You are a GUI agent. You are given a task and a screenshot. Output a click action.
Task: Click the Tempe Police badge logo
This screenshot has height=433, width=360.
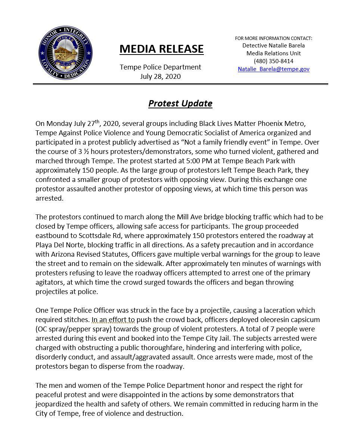tap(65, 53)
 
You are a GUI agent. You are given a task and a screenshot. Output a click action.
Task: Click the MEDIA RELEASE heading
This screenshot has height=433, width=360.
tap(161, 49)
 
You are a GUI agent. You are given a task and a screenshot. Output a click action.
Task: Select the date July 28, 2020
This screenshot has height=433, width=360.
tap(160, 77)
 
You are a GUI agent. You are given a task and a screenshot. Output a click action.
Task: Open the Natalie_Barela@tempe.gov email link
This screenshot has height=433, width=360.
tap(273, 69)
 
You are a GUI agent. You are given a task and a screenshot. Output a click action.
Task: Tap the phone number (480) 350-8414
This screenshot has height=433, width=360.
tap(273, 61)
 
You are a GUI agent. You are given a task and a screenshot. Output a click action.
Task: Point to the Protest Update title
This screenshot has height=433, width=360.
tap(180, 103)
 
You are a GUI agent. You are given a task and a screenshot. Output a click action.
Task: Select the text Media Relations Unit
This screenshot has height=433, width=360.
tap(273, 53)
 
